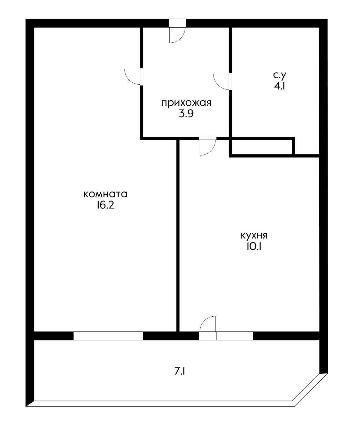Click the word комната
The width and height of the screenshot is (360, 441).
pos(105,194)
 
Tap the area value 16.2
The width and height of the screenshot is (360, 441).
pos(105,206)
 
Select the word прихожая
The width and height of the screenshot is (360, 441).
pos(186,103)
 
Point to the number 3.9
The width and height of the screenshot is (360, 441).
pos(186,114)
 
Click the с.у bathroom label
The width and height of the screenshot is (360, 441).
pos(279,75)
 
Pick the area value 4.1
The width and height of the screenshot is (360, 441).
pos(279,86)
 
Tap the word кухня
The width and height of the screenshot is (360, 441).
pos(254,236)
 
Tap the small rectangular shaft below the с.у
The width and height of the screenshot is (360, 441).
pos(262,147)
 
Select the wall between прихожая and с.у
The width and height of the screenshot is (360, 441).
pos(230,82)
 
